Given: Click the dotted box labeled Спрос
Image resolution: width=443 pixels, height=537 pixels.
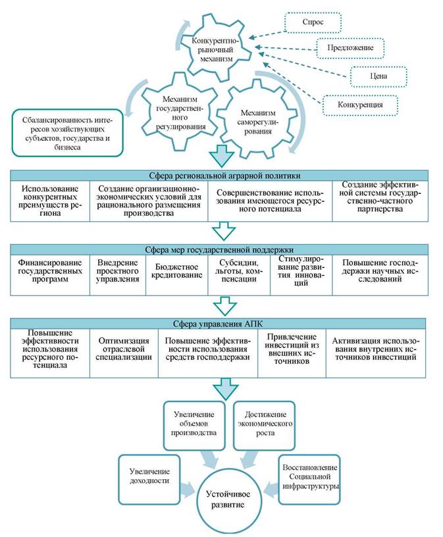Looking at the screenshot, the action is (313, 22).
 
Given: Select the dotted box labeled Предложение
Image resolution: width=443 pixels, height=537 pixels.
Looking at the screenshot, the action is (350, 48).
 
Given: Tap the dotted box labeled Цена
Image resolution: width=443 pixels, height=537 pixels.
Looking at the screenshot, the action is (378, 76).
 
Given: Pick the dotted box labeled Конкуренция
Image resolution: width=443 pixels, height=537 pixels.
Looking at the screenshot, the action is (360, 105).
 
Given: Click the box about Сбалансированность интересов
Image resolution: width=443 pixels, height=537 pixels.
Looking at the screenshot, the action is (67, 133).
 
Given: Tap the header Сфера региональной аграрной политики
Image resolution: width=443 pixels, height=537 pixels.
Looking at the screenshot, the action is (219, 176).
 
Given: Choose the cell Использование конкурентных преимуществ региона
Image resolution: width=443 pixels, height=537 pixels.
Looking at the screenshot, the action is (50, 201).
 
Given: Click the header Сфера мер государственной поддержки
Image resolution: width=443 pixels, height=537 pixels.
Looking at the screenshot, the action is (219, 249).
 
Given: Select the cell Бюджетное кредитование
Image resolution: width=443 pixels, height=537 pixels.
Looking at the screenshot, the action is (177, 275).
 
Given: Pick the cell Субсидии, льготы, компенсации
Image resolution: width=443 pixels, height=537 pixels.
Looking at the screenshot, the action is (239, 275).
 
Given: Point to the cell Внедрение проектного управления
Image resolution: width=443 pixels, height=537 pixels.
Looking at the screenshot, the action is (118, 275).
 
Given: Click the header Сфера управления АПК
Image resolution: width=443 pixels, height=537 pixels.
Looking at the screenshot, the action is (218, 324).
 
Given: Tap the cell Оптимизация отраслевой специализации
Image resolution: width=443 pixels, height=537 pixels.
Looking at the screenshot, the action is (124, 353).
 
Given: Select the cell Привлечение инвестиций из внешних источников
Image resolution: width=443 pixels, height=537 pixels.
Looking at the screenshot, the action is (292, 353).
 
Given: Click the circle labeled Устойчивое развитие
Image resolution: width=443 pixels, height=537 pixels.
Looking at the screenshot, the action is (228, 499).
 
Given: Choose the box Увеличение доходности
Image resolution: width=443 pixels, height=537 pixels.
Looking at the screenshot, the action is (149, 480).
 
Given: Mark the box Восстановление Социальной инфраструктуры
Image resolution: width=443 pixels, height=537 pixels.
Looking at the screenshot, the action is (309, 480).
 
